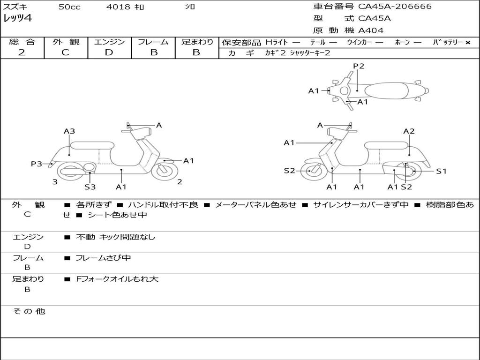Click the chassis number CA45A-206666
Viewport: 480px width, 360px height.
coord(395,7)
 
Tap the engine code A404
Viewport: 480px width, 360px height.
coord(371,30)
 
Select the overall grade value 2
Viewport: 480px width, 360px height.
coord(22,52)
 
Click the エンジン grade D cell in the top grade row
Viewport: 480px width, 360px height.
coord(109,52)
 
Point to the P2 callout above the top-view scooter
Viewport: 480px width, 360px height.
coord(359,66)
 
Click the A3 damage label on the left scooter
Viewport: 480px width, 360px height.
coord(69,131)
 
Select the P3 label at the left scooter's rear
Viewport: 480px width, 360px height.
coord(36,164)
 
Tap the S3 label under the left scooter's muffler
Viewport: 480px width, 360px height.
coord(90,187)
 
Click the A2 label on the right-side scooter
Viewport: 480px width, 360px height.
coord(409,131)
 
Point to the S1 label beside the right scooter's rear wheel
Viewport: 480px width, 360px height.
coord(441,171)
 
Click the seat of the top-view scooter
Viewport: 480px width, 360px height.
coord(386,91)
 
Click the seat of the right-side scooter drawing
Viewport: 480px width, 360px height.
coord(386,145)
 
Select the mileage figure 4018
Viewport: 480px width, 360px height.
coord(118,7)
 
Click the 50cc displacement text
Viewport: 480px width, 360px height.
coord(69,7)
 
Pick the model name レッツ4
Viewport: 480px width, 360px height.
coord(17,18)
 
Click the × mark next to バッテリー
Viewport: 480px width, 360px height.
coord(468,43)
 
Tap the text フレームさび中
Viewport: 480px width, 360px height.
coord(103,258)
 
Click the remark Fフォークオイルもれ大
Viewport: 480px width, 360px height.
coord(117,279)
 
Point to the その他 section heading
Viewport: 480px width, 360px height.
coord(29,311)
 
